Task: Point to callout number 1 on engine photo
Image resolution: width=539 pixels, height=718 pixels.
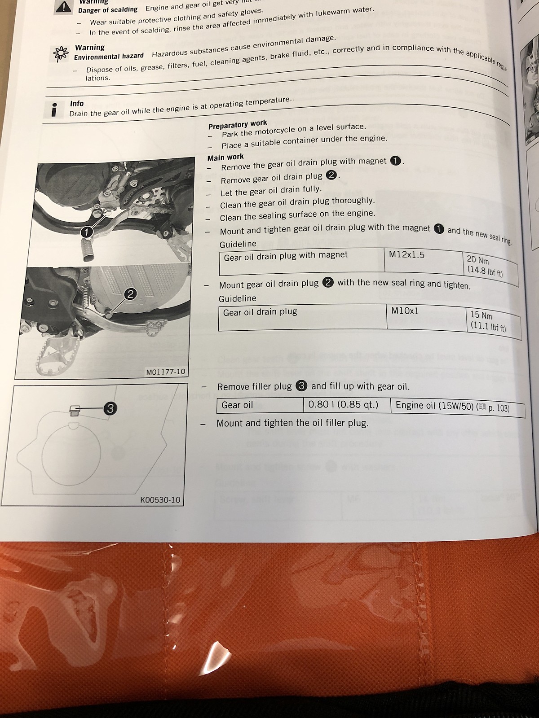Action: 86,232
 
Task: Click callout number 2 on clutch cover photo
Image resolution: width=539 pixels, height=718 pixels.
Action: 130,294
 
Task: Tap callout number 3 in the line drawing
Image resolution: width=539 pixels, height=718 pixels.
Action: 110,408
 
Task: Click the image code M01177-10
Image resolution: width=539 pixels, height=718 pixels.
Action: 165,372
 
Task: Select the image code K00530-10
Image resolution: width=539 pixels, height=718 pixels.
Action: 160,499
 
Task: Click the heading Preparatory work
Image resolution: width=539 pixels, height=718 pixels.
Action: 238,124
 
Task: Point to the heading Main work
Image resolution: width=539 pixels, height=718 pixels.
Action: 225,157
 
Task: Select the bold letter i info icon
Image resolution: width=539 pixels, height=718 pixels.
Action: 54,109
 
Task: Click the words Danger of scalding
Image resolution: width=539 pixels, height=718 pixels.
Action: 108,9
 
